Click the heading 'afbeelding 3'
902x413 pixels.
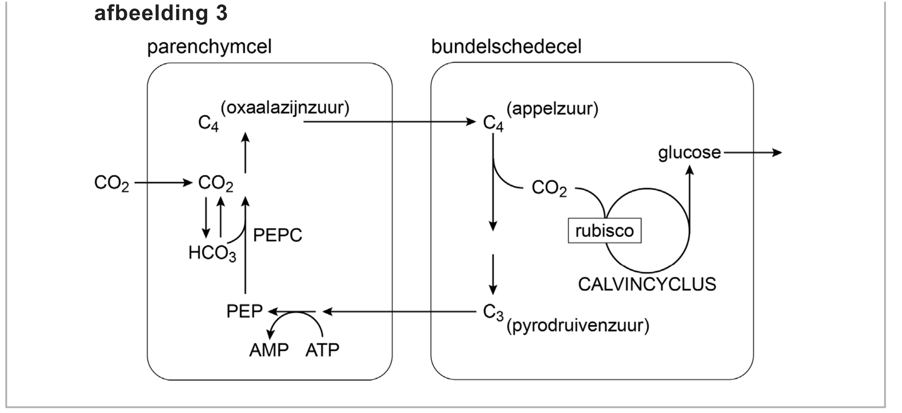[161, 13]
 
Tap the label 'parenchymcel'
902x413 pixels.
[209, 47]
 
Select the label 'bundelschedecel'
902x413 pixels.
[506, 47]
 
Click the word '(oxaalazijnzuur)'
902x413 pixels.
[285, 108]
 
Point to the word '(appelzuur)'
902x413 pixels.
[552, 108]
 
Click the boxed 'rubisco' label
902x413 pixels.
[604, 231]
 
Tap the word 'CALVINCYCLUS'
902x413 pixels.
[646, 284]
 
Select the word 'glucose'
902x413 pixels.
[689, 153]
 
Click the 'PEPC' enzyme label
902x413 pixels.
[277, 236]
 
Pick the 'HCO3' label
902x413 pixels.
[212, 253]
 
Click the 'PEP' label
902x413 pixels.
[244, 311]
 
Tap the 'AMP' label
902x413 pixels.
[269, 350]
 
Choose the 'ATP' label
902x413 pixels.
[322, 350]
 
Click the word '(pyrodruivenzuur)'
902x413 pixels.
[577, 326]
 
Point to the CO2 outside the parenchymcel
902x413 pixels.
[112, 183]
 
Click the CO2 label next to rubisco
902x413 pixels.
[549, 188]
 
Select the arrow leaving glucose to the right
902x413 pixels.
[753, 153]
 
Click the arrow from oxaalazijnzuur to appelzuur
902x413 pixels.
[390, 121]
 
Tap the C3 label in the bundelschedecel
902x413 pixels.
[493, 312]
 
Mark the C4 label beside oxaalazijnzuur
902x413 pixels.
[208, 123]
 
